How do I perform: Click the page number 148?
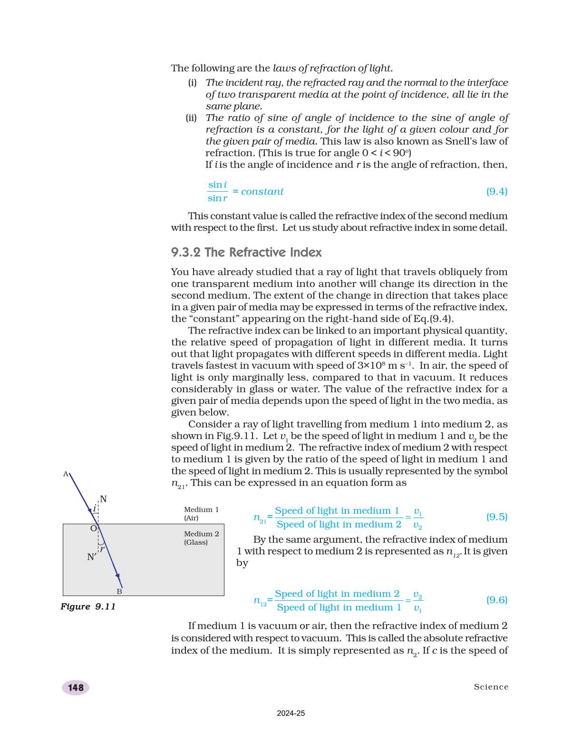tap(76, 687)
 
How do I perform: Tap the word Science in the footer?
tap(491, 687)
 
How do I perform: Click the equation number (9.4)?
tap(496, 191)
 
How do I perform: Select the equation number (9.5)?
tap(496, 517)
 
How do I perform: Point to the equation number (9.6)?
tap(496, 600)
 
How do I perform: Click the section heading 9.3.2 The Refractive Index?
tap(246, 252)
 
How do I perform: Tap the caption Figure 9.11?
tap(88, 606)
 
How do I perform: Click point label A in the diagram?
tap(66, 474)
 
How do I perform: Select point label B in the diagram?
tap(119, 591)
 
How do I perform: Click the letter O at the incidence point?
tap(93, 528)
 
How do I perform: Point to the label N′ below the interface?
tap(92, 557)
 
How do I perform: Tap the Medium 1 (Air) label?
tap(201, 514)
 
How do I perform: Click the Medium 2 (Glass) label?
tap(201, 538)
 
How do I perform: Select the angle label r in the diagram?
tap(102, 549)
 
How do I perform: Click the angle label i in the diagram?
tap(94, 509)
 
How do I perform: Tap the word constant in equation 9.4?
tap(262, 192)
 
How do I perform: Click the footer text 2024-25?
tap(291, 713)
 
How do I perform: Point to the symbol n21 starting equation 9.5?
tap(260, 518)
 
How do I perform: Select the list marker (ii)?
tap(191, 118)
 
